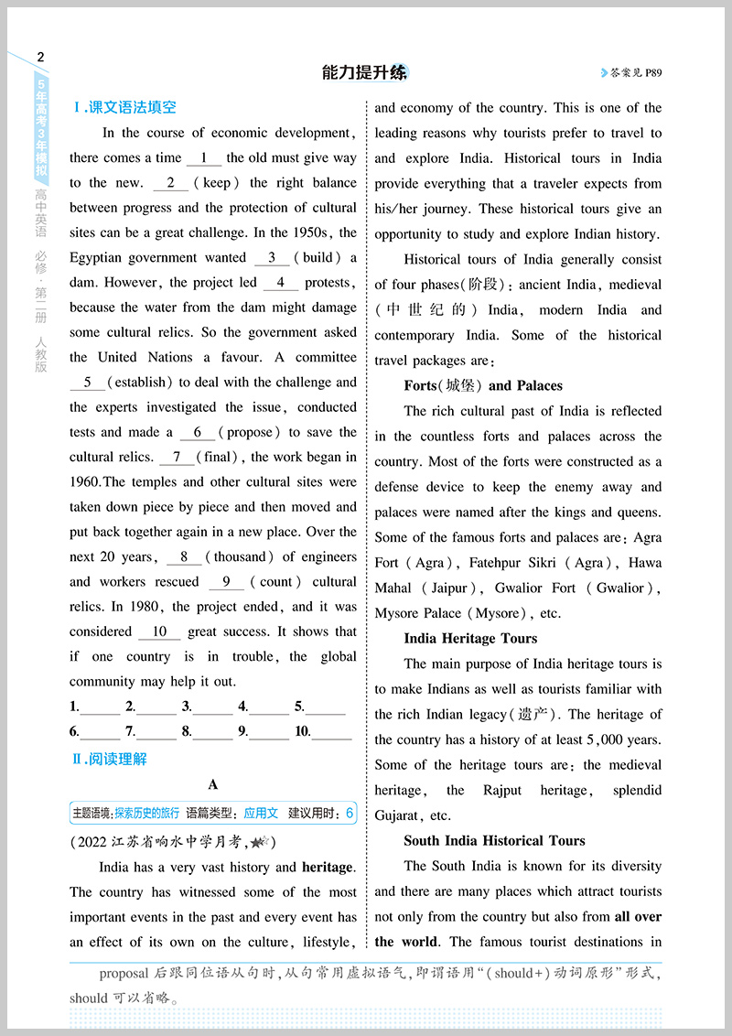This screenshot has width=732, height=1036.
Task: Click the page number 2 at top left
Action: (x=39, y=58)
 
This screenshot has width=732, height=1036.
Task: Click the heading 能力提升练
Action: (x=365, y=73)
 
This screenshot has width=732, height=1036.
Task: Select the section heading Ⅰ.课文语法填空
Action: (x=124, y=108)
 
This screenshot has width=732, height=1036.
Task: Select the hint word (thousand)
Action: (x=240, y=556)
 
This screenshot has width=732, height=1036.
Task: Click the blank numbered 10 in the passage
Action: (x=160, y=631)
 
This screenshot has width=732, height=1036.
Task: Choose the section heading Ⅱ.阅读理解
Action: (x=109, y=759)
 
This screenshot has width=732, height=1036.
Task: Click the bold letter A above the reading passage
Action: (x=213, y=784)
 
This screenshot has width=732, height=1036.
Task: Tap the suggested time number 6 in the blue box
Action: (x=350, y=813)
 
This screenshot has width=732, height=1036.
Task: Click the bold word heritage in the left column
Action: (x=328, y=867)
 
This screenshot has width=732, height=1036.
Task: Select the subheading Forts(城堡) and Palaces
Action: (x=483, y=385)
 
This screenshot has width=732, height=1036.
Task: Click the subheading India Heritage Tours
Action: (x=470, y=639)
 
